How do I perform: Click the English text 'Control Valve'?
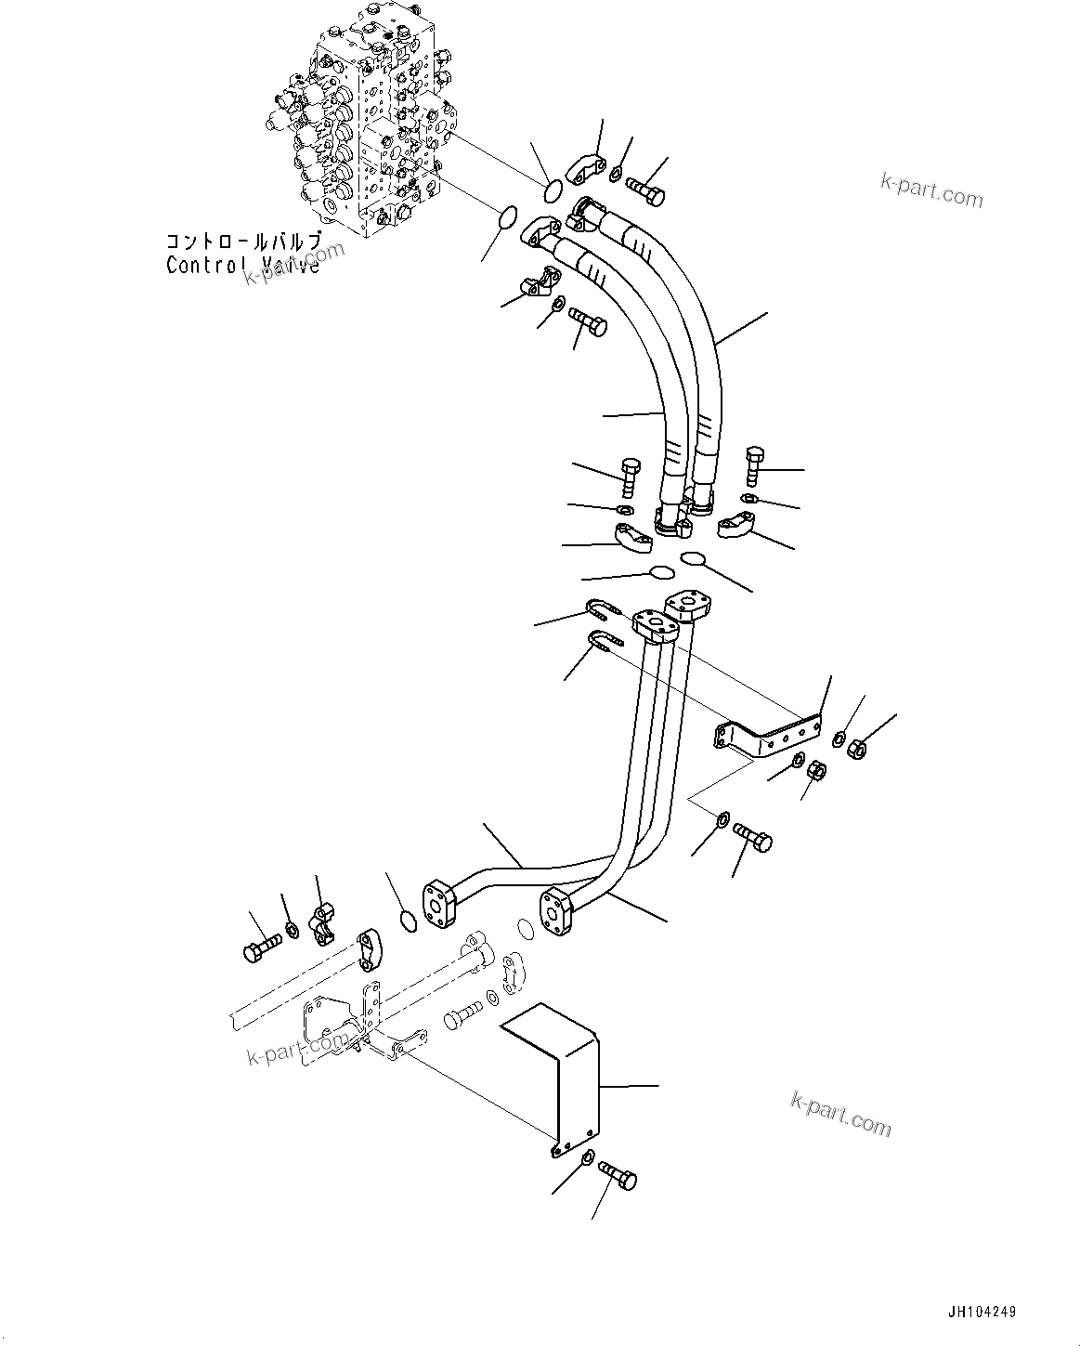tap(242, 265)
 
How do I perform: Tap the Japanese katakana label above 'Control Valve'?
tap(244, 241)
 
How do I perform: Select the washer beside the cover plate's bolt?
tap(588, 1157)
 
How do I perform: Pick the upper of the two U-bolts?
tap(602, 611)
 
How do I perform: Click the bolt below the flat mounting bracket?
tap(753, 837)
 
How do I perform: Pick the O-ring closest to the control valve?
tap(552, 189)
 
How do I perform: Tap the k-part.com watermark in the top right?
tap(931, 191)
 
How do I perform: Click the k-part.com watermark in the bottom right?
tap(840, 1112)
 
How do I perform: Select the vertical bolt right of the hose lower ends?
tap(753, 464)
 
